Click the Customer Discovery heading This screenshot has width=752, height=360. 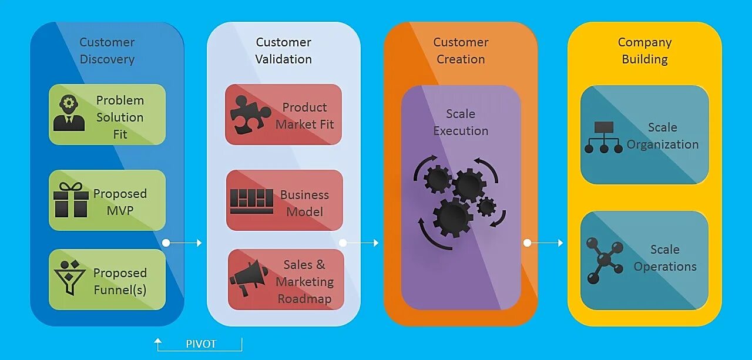(107, 51)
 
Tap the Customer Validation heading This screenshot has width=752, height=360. (284, 51)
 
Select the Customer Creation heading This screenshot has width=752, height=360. (461, 51)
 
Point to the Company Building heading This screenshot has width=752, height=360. (644, 51)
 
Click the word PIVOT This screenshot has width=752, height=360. (201, 344)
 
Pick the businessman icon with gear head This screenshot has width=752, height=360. (69, 113)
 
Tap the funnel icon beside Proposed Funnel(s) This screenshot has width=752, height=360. (69, 277)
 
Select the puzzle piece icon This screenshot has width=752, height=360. (249, 115)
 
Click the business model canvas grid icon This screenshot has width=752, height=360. (251, 201)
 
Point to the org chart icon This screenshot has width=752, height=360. (603, 137)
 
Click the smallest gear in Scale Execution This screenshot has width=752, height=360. (486, 207)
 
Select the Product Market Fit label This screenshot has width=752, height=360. (304, 116)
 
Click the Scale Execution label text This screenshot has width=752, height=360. (461, 122)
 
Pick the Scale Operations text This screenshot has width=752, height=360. (664, 258)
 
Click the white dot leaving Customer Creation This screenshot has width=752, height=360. (527, 243)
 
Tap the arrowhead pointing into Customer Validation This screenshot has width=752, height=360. (199, 243)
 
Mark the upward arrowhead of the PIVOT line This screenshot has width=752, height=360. (158, 340)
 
